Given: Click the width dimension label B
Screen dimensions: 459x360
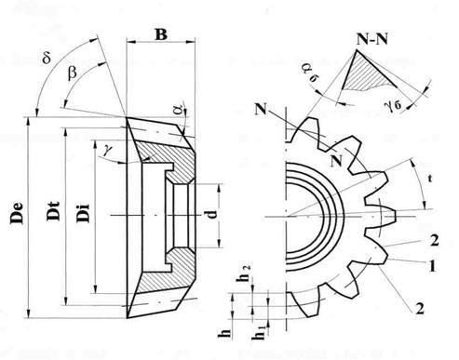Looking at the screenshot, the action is (x=161, y=34).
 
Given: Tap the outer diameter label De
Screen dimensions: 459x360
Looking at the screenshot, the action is (x=17, y=213).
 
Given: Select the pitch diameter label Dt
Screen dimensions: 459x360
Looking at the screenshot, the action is (x=53, y=211).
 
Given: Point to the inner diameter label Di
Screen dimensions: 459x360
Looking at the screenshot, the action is (x=83, y=213).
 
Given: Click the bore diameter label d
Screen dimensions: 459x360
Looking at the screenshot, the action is (x=212, y=214).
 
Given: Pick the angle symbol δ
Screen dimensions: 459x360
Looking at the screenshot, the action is (x=47, y=58).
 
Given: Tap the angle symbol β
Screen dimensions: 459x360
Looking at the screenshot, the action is (x=72, y=73).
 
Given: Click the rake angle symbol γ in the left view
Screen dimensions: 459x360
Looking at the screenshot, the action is (x=107, y=150).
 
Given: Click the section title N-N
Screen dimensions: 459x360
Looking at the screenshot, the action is (x=371, y=39).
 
